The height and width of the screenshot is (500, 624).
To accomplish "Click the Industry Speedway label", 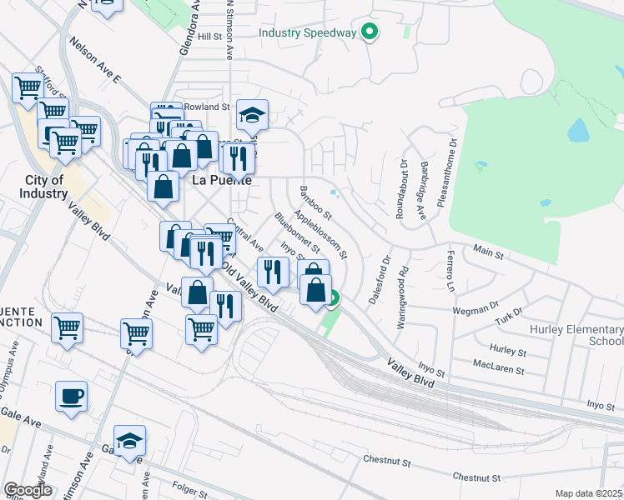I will click(308, 33).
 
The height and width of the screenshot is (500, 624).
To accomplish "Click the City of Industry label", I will click(45, 187).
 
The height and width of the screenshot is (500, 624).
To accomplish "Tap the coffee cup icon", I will click(71, 397).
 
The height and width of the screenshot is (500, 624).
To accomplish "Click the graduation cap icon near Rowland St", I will click(252, 116).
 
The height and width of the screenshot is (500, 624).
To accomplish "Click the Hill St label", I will click(209, 37).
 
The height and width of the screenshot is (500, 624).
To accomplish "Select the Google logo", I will click(28, 490).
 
